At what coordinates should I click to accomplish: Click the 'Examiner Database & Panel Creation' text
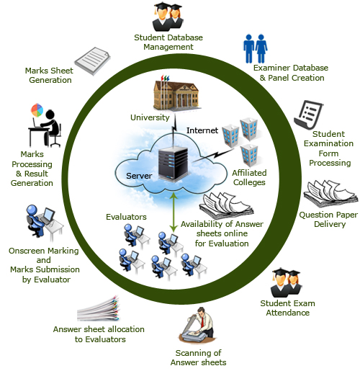289,73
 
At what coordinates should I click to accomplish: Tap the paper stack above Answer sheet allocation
104,308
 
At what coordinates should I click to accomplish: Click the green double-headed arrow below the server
173,209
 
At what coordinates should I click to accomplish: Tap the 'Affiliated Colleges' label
249,177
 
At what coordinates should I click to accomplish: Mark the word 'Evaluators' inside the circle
126,215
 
